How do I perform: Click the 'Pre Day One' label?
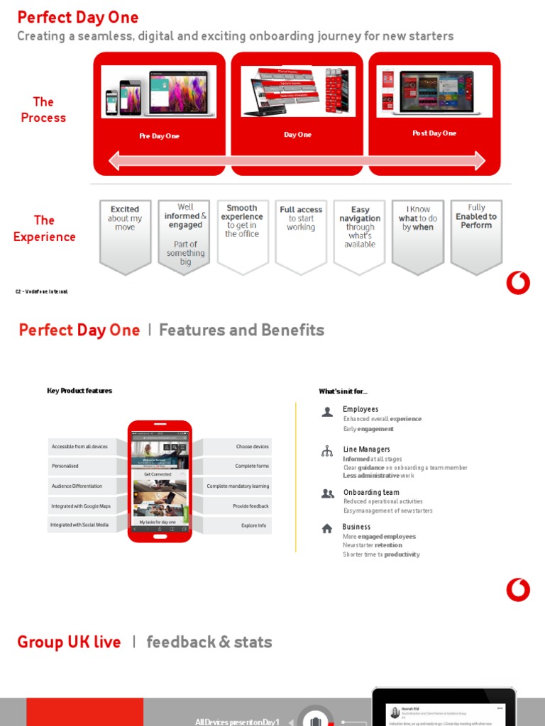tap(159, 136)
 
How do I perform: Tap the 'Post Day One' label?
tap(434, 133)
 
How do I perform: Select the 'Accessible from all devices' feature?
tap(80, 447)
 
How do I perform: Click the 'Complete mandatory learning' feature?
tap(238, 486)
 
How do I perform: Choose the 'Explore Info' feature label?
tap(253, 526)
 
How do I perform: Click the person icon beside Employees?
tap(327, 412)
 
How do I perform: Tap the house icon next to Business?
tap(327, 528)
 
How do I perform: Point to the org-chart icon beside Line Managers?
tap(327, 452)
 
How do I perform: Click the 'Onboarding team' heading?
tap(371, 492)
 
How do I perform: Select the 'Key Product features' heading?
tap(79, 391)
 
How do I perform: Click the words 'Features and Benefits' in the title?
tap(241, 330)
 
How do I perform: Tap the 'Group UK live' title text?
tap(69, 642)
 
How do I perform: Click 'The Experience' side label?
tap(44, 228)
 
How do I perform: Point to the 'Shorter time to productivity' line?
tap(381, 554)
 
